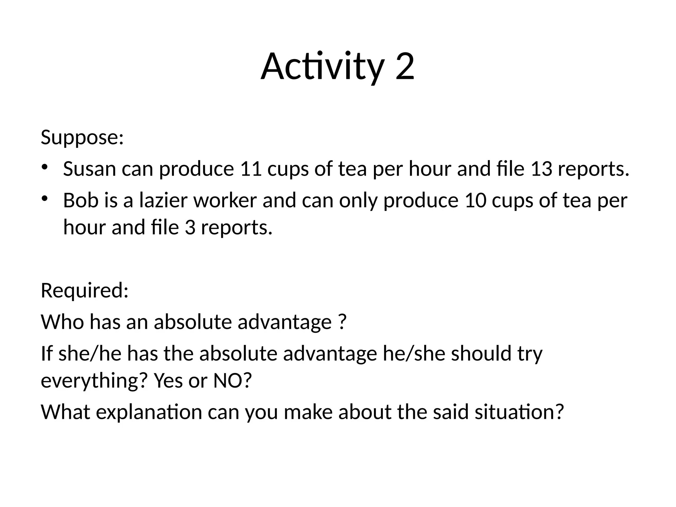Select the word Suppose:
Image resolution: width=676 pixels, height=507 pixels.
[82, 137]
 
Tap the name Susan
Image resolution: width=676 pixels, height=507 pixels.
[89, 169]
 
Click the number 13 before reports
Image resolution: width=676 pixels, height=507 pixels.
[541, 169]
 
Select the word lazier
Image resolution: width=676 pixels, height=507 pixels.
[163, 201]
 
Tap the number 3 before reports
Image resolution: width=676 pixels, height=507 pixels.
[190, 227]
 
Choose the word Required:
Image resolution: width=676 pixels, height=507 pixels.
[84, 291]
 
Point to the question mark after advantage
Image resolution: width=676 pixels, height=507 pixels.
[342, 322]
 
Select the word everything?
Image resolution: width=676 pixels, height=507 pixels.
[94, 381]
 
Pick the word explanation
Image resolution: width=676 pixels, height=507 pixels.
[149, 412]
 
